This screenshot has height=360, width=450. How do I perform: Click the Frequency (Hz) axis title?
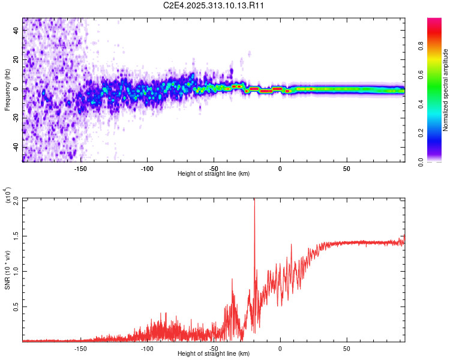7,90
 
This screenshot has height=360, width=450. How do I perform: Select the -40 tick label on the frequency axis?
15,148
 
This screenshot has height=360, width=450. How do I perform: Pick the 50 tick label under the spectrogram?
347,168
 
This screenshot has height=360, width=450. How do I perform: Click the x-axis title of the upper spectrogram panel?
214,173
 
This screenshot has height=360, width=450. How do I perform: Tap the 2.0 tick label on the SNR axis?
16,200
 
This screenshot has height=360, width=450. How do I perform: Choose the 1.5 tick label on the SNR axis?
16,235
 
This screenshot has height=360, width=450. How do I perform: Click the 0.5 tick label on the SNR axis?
16,306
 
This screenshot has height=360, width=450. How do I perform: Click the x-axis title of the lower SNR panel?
214,353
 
